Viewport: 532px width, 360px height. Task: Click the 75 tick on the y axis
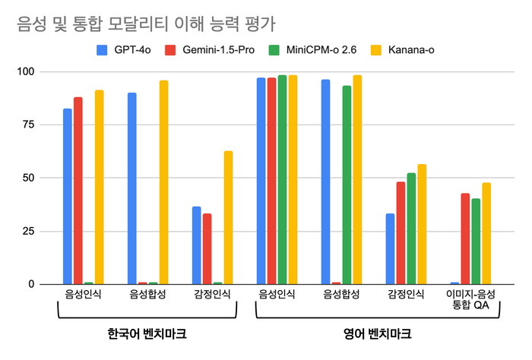click(30, 125)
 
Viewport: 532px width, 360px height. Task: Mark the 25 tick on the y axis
click(30, 231)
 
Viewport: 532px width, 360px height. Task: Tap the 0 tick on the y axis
click(33, 284)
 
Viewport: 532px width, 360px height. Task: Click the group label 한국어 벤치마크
click(146, 333)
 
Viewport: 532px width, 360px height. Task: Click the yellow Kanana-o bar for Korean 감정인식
click(228, 217)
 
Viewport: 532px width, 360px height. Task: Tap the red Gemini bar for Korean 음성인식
click(78, 191)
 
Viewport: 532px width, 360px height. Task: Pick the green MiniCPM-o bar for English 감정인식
click(411, 229)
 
